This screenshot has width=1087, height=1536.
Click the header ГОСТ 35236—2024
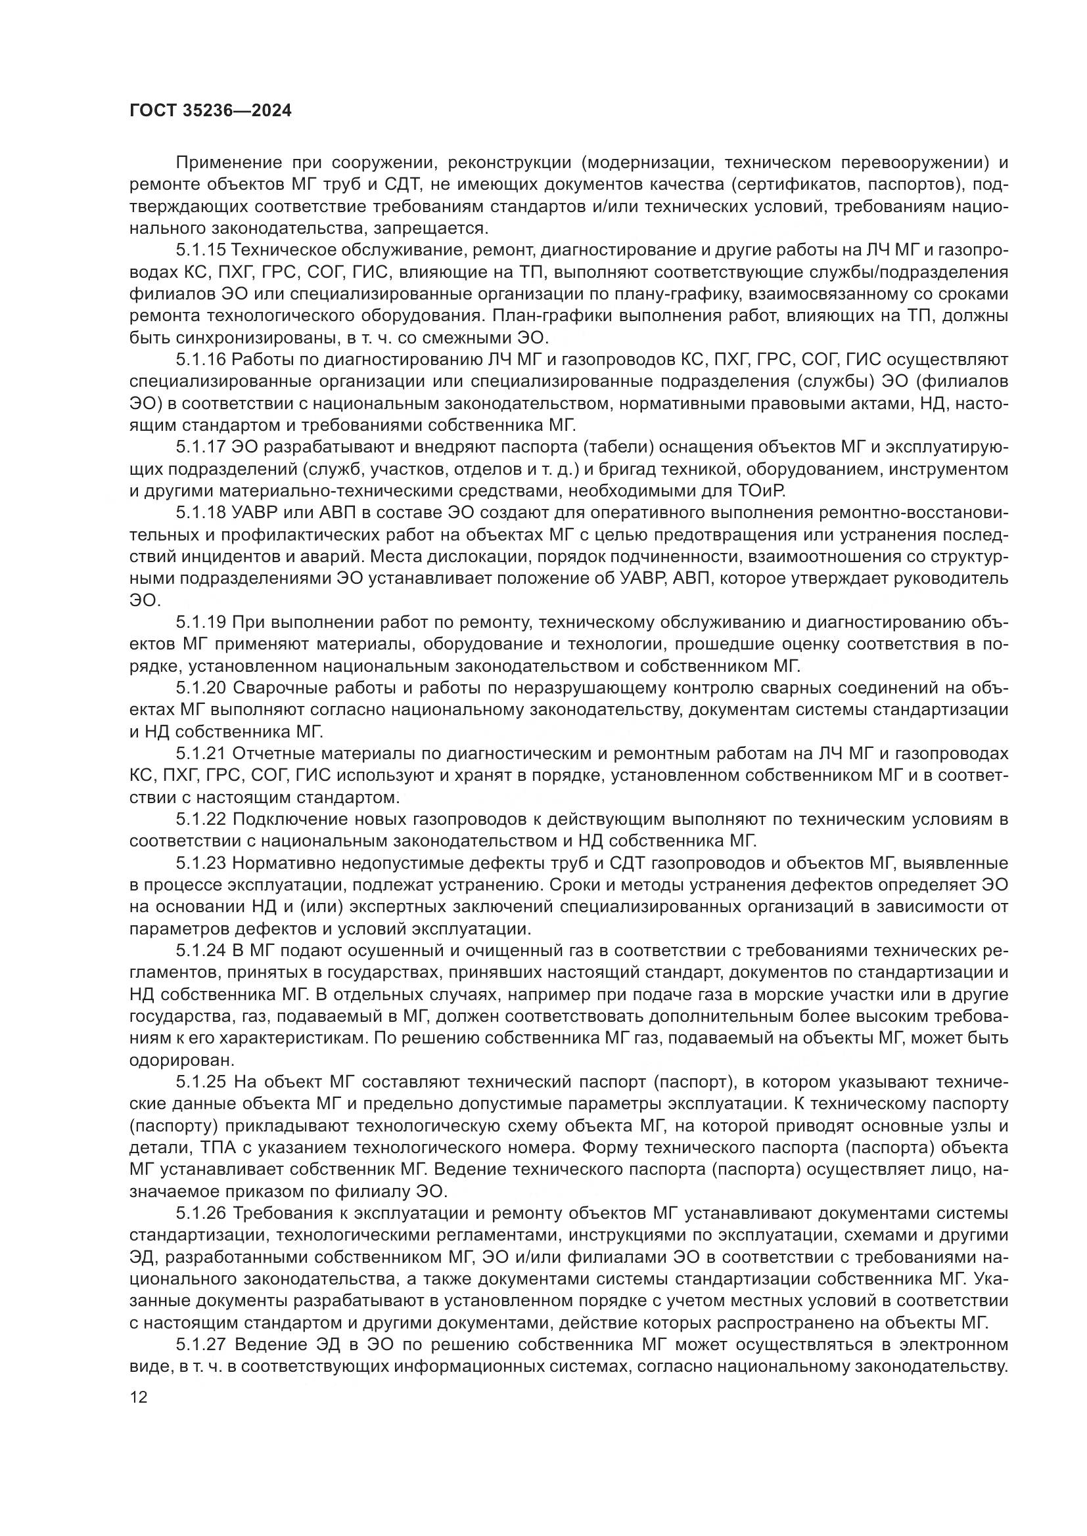pos(210,111)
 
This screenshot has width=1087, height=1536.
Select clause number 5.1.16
pos(202,360)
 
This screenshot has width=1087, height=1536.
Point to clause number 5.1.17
pos(202,447)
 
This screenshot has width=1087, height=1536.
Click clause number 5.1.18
pos(202,512)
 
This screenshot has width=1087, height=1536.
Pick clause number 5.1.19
pos(202,622)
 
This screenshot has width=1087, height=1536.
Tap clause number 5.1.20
pos(202,688)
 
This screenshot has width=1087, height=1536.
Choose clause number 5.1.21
pos(202,754)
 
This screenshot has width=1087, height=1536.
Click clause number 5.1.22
pos(202,820)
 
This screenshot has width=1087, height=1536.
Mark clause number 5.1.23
pos(202,864)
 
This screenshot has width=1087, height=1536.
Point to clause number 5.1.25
pos(202,1082)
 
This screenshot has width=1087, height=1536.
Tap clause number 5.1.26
pos(202,1214)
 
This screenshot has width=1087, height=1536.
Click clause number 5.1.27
pos(202,1345)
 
